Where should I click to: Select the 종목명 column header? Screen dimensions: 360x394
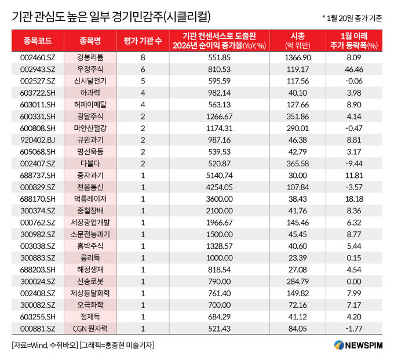coord(90,40)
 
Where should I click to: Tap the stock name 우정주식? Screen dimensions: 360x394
coord(90,69)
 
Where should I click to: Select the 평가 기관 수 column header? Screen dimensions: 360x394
coord(143,40)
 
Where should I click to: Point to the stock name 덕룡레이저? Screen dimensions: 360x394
coord(90,198)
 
